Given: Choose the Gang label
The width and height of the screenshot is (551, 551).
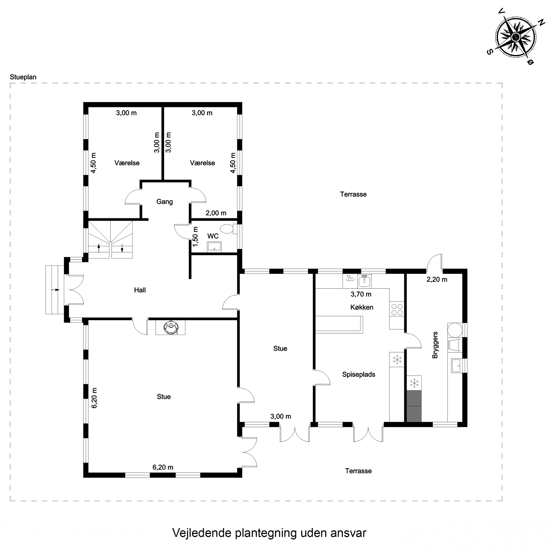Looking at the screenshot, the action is tap(165, 202).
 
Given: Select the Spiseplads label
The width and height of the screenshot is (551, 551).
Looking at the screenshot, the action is tap(359, 374).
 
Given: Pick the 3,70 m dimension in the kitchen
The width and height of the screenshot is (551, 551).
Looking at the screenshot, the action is tap(361, 294).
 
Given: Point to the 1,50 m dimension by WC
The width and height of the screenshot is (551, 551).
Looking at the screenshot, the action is tap(195, 237).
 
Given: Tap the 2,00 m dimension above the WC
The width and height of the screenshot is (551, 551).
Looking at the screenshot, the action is tap(216, 213).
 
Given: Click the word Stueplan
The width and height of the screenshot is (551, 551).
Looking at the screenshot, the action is tap(23, 77).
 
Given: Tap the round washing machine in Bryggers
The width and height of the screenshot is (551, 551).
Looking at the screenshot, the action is tap(455, 330).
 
